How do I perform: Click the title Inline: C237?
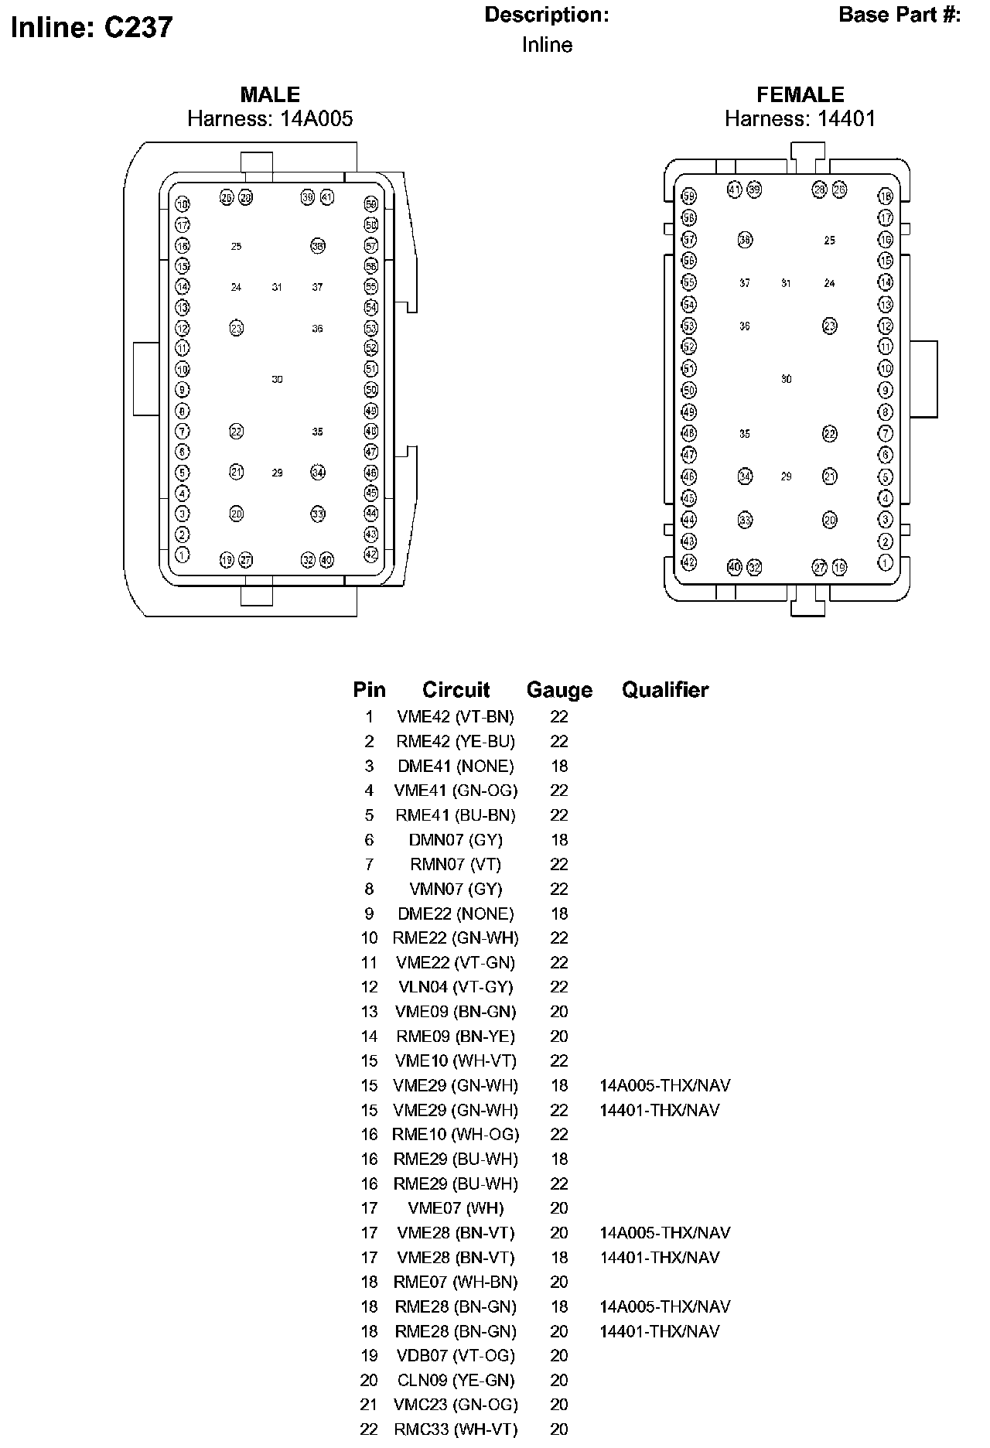coord(92,28)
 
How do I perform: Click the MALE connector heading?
coord(270,94)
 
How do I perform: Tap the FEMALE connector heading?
coord(800,94)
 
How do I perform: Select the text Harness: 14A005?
coord(270,118)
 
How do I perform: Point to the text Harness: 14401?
coord(800,118)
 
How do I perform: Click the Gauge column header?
coord(559,690)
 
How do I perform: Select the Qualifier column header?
coord(665,690)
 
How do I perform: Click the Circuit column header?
coord(456,690)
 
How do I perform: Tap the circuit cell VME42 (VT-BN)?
coord(456,717)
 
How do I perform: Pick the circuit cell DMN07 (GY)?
coord(456,840)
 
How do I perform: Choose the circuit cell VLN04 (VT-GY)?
coord(456,987)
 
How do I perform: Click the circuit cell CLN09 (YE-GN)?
coord(456,1380)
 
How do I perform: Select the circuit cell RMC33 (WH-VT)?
coord(456,1429)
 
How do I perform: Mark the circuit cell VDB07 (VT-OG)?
coord(456,1355)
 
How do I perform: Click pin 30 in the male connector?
coord(277,379)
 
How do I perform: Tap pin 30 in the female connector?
coord(786,379)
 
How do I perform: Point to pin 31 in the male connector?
coord(277,287)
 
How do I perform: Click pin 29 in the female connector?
coord(786,476)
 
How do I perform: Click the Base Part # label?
coord(900,15)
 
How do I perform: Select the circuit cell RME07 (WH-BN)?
coord(456,1282)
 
